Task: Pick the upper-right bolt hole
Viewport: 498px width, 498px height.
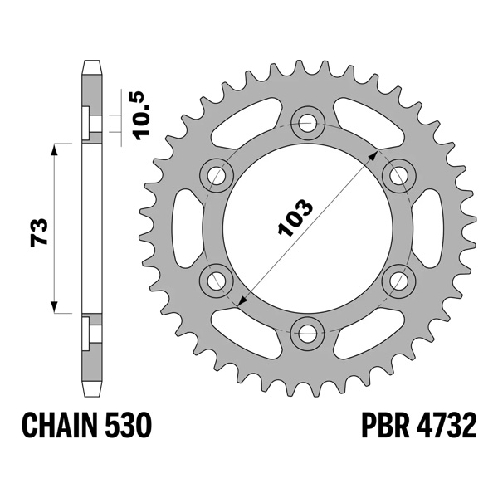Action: coord(400,174)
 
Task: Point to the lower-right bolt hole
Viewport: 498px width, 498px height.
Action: coord(400,279)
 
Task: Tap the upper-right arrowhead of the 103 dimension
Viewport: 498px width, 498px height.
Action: coord(377,154)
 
